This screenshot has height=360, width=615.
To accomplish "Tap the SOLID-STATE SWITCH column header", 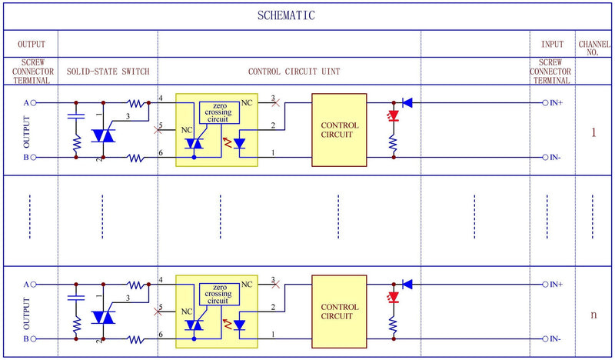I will pos(108,72).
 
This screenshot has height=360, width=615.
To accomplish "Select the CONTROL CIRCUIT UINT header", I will pos(294,72).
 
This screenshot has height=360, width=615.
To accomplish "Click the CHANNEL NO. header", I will pos(593,49).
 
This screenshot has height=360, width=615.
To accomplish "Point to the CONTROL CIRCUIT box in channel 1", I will pos(339,129).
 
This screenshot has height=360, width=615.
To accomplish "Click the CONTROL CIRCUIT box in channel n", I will pos(339,312).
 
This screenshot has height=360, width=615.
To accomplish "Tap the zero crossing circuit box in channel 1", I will pos(218,113).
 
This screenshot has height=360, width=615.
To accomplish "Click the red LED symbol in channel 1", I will pos(394,116).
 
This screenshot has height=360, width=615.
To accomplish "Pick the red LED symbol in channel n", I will pos(394,298).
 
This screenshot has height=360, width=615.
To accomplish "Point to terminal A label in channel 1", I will pos(25,102).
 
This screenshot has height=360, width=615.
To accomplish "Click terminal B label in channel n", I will pos(25,339).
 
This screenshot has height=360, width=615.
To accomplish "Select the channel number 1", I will pos(593,132).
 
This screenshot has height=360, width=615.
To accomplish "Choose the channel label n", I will pos(593,315).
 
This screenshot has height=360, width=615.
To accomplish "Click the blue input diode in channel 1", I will pos(407,102).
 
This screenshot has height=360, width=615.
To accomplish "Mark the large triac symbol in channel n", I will pos(102,317).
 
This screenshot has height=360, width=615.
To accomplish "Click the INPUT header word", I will pos(552,45).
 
